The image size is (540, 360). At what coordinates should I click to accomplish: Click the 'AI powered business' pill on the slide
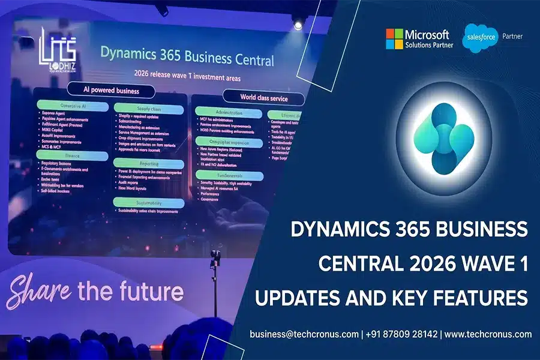[110, 91]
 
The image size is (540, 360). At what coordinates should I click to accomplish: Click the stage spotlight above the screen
[298, 25]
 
